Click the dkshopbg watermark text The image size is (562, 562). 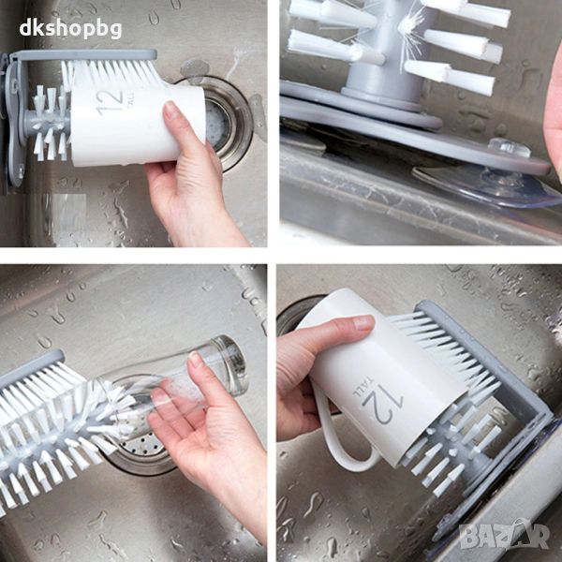70,29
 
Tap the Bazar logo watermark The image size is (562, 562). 505,536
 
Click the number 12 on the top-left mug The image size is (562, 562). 110,101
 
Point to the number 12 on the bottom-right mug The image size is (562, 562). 383,403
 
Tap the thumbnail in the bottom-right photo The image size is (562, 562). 363,323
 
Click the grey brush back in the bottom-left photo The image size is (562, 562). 31,367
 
